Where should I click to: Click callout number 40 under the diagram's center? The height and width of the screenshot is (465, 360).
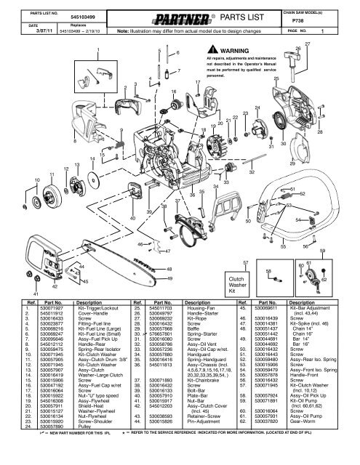point(132,217)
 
